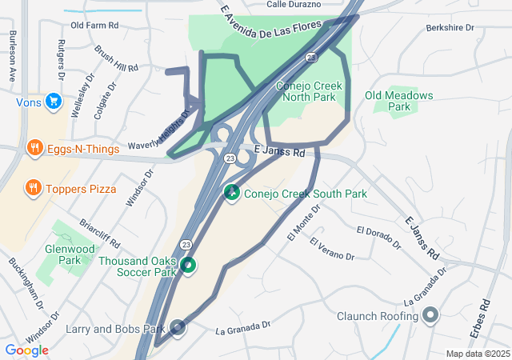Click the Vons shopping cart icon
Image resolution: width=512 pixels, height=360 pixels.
54,101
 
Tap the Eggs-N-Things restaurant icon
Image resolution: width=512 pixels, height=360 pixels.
34,148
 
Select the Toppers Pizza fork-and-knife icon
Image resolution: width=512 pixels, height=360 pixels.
33,189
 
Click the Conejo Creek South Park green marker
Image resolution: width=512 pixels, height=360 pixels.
232,193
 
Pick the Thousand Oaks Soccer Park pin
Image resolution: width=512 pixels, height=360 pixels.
188,265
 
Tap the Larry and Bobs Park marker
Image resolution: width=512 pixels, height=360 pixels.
178,327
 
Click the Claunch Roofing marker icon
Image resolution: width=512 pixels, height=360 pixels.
430,315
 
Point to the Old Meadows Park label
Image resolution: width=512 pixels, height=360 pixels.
398,101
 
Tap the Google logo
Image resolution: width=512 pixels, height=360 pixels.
26,350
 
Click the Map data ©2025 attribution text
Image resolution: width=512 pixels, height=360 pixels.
477,354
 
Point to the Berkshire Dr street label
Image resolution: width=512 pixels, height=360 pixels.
450,27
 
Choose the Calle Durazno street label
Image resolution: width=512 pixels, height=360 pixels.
294,4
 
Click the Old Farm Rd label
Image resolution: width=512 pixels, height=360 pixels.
94,26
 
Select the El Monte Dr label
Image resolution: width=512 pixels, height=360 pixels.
303,222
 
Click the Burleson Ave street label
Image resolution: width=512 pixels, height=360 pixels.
12,56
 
